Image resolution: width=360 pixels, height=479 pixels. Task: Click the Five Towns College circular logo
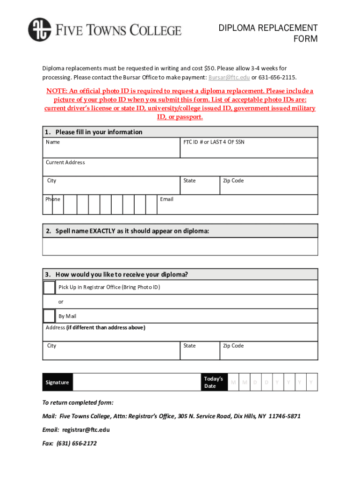[x=39, y=29]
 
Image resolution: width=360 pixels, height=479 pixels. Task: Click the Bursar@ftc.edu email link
[x=229, y=77]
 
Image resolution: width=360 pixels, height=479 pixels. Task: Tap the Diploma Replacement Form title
[x=268, y=33]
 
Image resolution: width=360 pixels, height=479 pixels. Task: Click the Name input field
[x=111, y=150]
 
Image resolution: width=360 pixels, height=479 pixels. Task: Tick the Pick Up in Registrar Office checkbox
[x=49, y=287]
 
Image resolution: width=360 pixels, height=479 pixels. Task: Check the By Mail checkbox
[x=49, y=316]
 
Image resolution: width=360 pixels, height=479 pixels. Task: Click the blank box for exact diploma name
[x=180, y=247]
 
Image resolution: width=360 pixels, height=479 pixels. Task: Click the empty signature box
[x=137, y=382]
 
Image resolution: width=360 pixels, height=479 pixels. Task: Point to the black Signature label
[x=58, y=382]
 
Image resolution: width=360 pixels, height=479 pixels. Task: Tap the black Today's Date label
[x=214, y=382]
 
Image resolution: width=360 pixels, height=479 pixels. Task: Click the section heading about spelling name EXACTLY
[x=133, y=231]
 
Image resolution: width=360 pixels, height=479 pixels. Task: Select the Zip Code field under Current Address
[x=269, y=185]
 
